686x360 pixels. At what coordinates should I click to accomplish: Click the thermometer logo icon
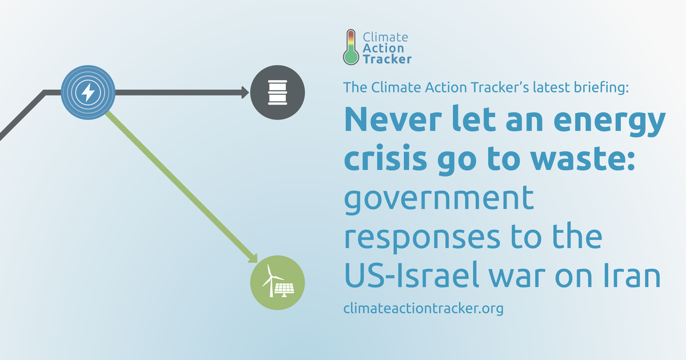pyautogui.click(x=351, y=47)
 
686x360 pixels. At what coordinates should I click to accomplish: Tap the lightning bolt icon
pyautogui.click(x=88, y=93)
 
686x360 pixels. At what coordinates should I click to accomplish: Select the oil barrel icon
pyautogui.click(x=277, y=93)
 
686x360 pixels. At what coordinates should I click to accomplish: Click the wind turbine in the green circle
pyautogui.click(x=270, y=281)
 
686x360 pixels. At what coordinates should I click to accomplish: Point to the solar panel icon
pyautogui.click(x=285, y=290)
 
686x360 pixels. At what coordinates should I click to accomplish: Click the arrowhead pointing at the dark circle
pyautogui.click(x=245, y=93)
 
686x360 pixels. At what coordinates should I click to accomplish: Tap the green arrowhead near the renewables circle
pyautogui.click(x=253, y=259)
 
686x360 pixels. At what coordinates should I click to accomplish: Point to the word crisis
pyautogui.click(x=385, y=159)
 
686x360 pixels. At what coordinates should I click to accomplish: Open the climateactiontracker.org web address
pyautogui.click(x=424, y=308)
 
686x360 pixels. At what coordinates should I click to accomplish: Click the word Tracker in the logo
pyautogui.click(x=387, y=59)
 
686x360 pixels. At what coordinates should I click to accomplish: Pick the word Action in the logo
pyautogui.click(x=383, y=48)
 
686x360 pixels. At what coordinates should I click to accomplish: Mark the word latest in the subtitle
pyautogui.click(x=551, y=87)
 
